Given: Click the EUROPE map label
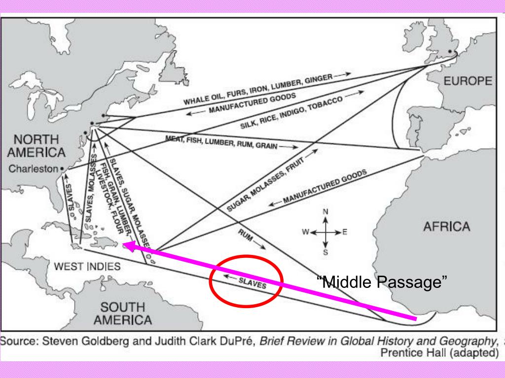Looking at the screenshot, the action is click(468, 81).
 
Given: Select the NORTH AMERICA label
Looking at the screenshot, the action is click(36, 146).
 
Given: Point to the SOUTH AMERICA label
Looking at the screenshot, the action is click(123, 314).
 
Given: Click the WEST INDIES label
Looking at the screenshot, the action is click(87, 267).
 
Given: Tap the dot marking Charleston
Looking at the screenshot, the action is click(62, 169).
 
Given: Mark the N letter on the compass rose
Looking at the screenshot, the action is click(325, 212).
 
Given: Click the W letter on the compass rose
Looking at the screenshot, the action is click(306, 232).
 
